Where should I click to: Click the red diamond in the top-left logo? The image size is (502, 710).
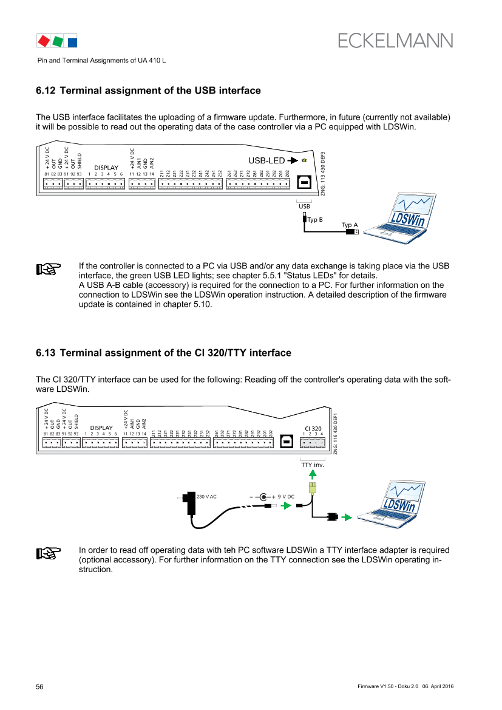43,41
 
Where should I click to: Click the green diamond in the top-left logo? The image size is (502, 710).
58,41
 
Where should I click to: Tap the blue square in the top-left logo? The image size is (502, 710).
72,42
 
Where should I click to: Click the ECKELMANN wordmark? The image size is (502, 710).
395,40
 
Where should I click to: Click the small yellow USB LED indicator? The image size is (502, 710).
304,161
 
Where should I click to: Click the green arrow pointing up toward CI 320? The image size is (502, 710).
313,474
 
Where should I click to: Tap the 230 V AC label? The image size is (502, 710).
207,497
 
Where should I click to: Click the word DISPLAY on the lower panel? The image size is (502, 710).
101,428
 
